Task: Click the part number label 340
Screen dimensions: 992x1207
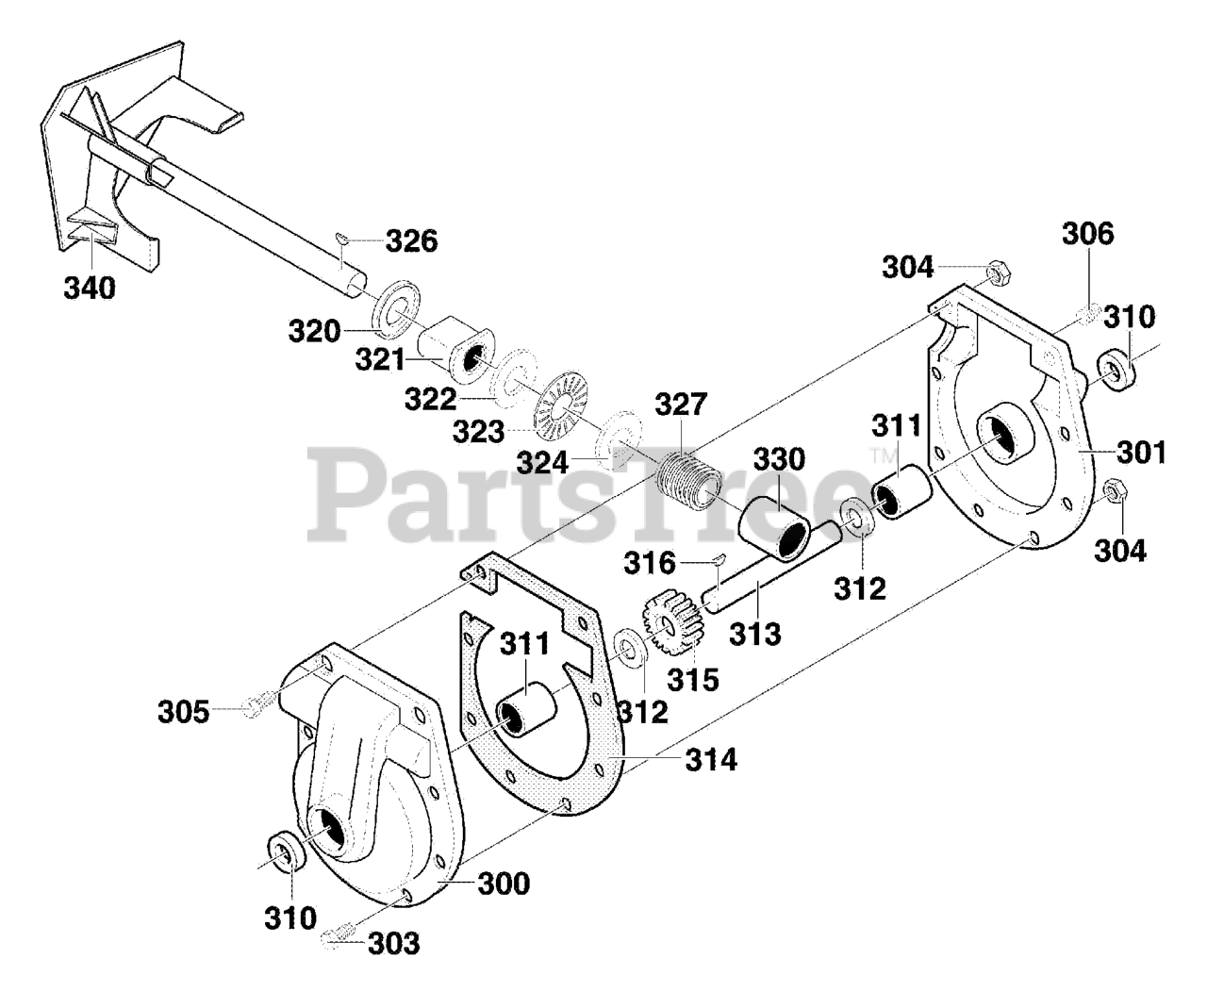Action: coord(90,287)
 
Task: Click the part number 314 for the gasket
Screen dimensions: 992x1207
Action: coord(711,758)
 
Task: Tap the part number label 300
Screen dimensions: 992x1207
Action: coord(503,884)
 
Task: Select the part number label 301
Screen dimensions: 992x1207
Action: coord(1142,453)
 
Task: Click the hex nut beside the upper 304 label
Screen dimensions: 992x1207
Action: coord(997,274)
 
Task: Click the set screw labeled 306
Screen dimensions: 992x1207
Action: coord(1087,316)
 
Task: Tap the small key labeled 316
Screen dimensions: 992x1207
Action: coord(718,559)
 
